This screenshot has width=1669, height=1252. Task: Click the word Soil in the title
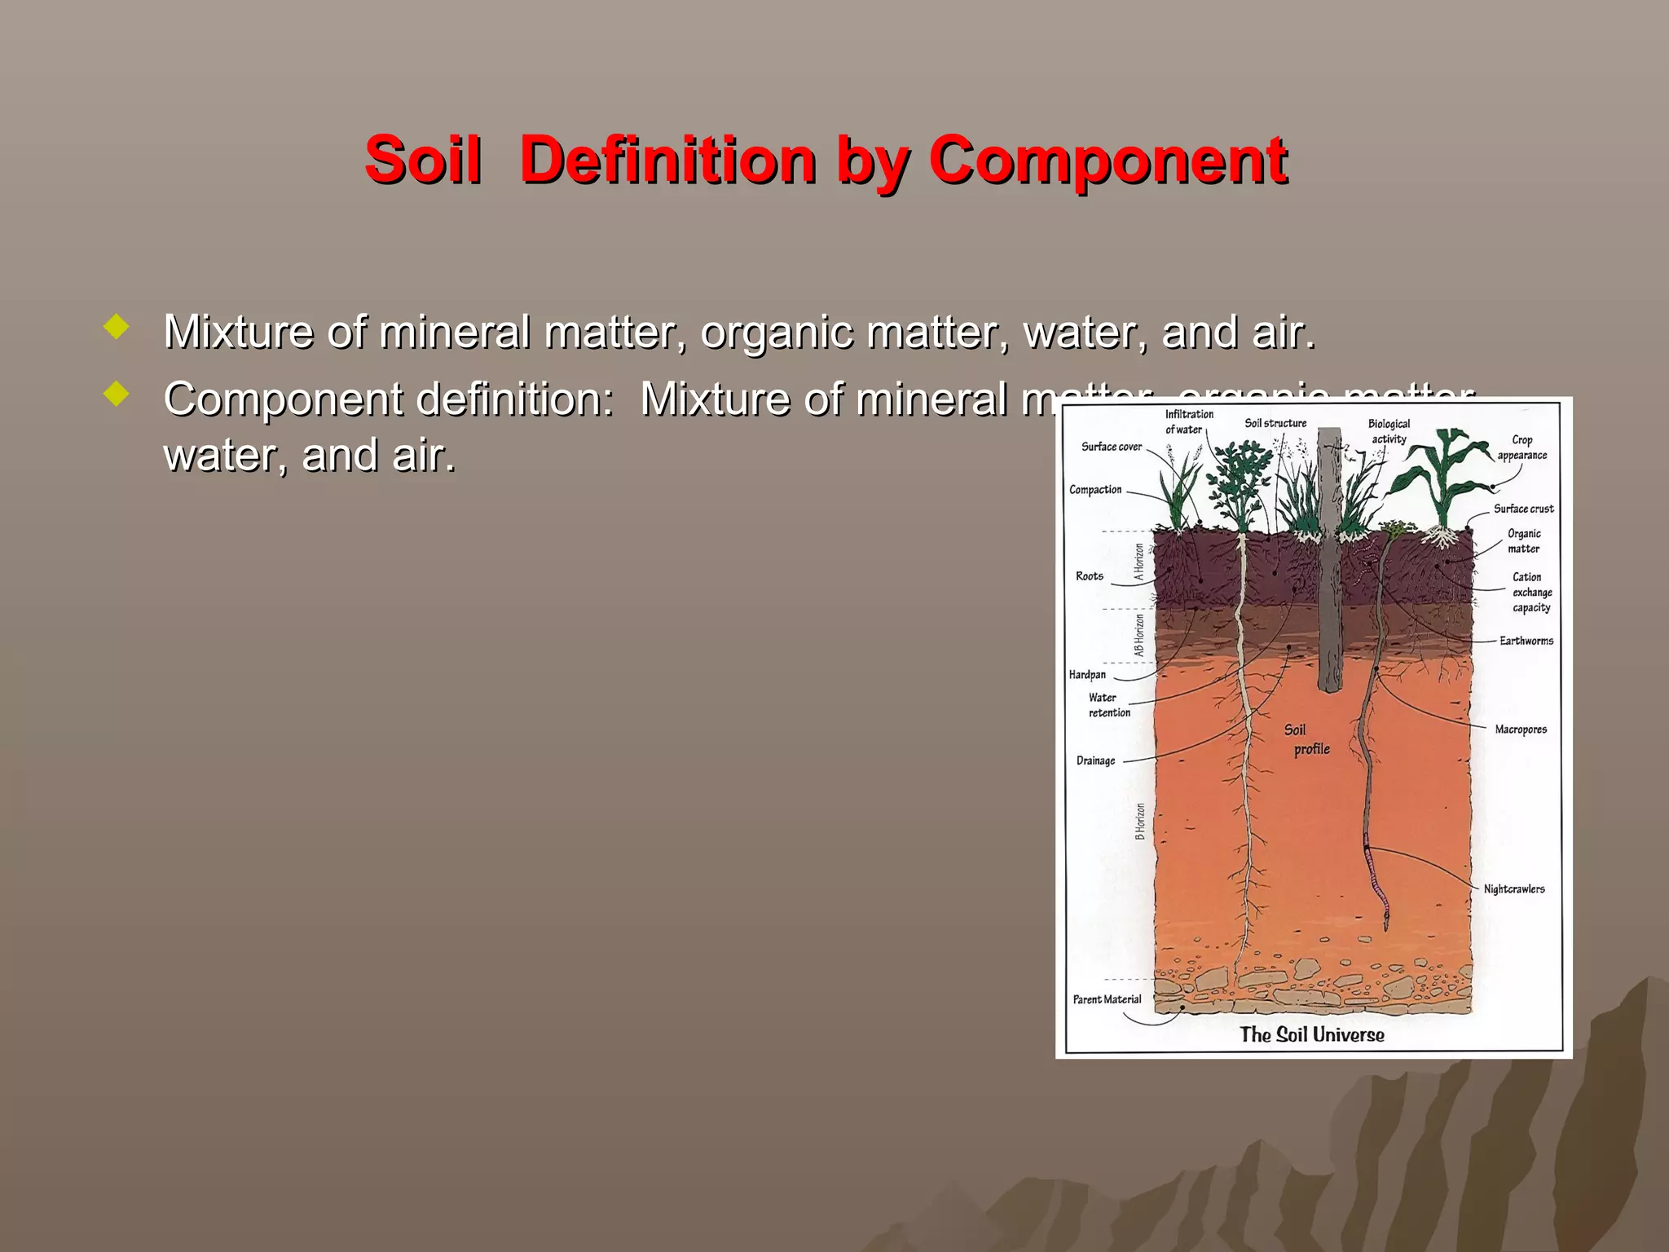pyautogui.click(x=422, y=159)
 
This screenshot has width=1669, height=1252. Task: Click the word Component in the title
pyautogui.click(x=1108, y=159)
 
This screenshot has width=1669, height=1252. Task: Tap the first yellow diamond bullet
pyautogui.click(x=117, y=328)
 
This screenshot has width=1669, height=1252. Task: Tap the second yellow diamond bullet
pyautogui.click(x=117, y=395)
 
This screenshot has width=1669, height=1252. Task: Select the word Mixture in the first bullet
pyautogui.click(x=236, y=333)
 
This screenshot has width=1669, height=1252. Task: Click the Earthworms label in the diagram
pyautogui.click(x=1526, y=641)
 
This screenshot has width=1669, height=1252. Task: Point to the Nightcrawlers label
pyautogui.click(x=1513, y=889)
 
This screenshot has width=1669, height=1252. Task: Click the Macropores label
pyautogui.click(x=1520, y=730)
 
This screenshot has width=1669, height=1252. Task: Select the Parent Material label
pyautogui.click(x=1107, y=999)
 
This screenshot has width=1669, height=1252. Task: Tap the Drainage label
pyautogui.click(x=1095, y=760)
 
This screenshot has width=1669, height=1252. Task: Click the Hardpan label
pyautogui.click(x=1087, y=675)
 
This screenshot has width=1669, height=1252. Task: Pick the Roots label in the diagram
pyautogui.click(x=1089, y=576)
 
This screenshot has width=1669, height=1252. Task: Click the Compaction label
pyautogui.click(x=1095, y=490)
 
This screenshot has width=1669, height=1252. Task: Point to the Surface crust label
pyautogui.click(x=1523, y=509)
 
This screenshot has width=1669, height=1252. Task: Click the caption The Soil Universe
pyautogui.click(x=1311, y=1035)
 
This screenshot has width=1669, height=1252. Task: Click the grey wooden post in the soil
pyautogui.click(x=1329, y=571)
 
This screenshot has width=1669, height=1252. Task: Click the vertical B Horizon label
pyautogui.click(x=1140, y=822)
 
